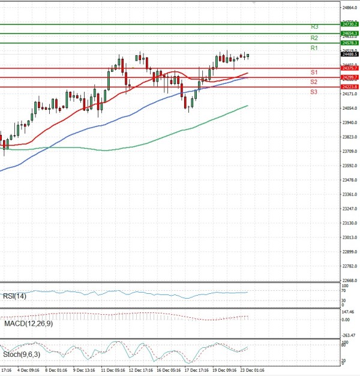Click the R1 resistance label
(314, 48)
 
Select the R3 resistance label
(314, 27)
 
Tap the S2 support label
(314, 82)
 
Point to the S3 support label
(314, 92)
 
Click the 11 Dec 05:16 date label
(112, 371)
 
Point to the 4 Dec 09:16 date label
(28, 371)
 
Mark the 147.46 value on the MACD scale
(349, 312)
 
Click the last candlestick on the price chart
(248, 56)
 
